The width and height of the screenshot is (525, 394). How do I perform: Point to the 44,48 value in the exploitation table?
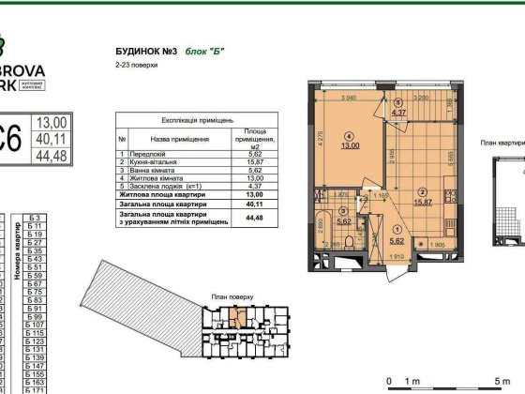(x=250, y=220)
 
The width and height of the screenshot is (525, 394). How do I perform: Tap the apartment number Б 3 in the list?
(x=37, y=215)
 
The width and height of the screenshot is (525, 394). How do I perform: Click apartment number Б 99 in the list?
(x=37, y=316)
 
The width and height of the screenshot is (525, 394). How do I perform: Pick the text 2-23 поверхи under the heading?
(x=132, y=67)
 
